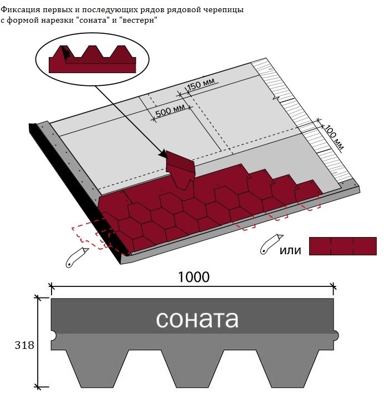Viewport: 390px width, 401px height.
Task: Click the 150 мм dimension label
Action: click(202, 84)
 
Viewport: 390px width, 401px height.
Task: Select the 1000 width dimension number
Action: click(193, 277)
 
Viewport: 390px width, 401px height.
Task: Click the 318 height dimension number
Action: click(24, 345)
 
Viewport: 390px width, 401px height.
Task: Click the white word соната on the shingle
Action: click(197, 319)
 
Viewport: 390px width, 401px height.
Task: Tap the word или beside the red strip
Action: click(290, 250)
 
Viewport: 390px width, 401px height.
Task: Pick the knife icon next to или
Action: click(271, 244)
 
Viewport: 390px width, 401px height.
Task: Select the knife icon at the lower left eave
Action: click(77, 258)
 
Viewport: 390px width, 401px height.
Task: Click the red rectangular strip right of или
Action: click(343, 246)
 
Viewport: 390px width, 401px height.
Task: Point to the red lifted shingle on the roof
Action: click(180, 169)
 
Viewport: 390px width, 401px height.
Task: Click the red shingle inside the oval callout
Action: click(92, 59)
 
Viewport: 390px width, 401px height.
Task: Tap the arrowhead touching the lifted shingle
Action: click(163, 154)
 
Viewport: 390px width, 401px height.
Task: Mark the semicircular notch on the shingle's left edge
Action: click(54, 335)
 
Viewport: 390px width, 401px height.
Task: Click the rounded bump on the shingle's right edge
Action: click(336, 335)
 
